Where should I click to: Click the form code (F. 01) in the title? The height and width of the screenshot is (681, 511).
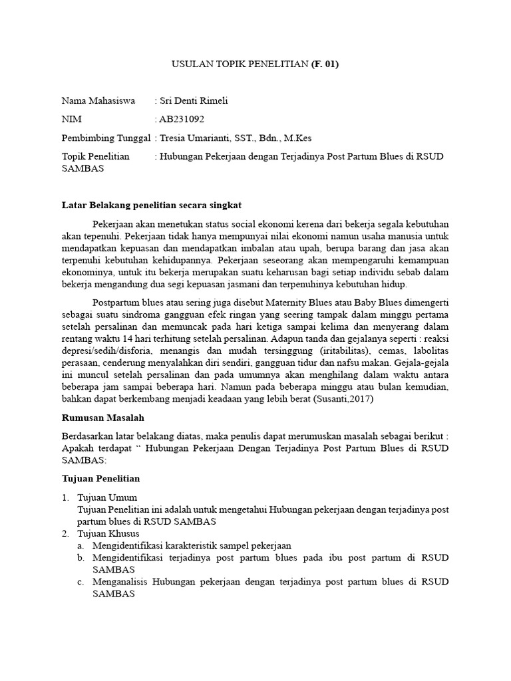[325, 64]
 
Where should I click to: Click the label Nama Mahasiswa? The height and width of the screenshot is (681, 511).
[98, 100]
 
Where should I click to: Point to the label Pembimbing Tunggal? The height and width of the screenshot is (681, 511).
[106, 138]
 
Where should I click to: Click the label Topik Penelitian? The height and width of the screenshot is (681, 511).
[95, 156]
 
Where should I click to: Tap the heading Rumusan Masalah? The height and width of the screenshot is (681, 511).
[102, 418]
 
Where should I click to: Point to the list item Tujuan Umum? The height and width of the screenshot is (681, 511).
[107, 497]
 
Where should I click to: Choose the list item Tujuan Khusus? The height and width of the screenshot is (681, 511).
[108, 533]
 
